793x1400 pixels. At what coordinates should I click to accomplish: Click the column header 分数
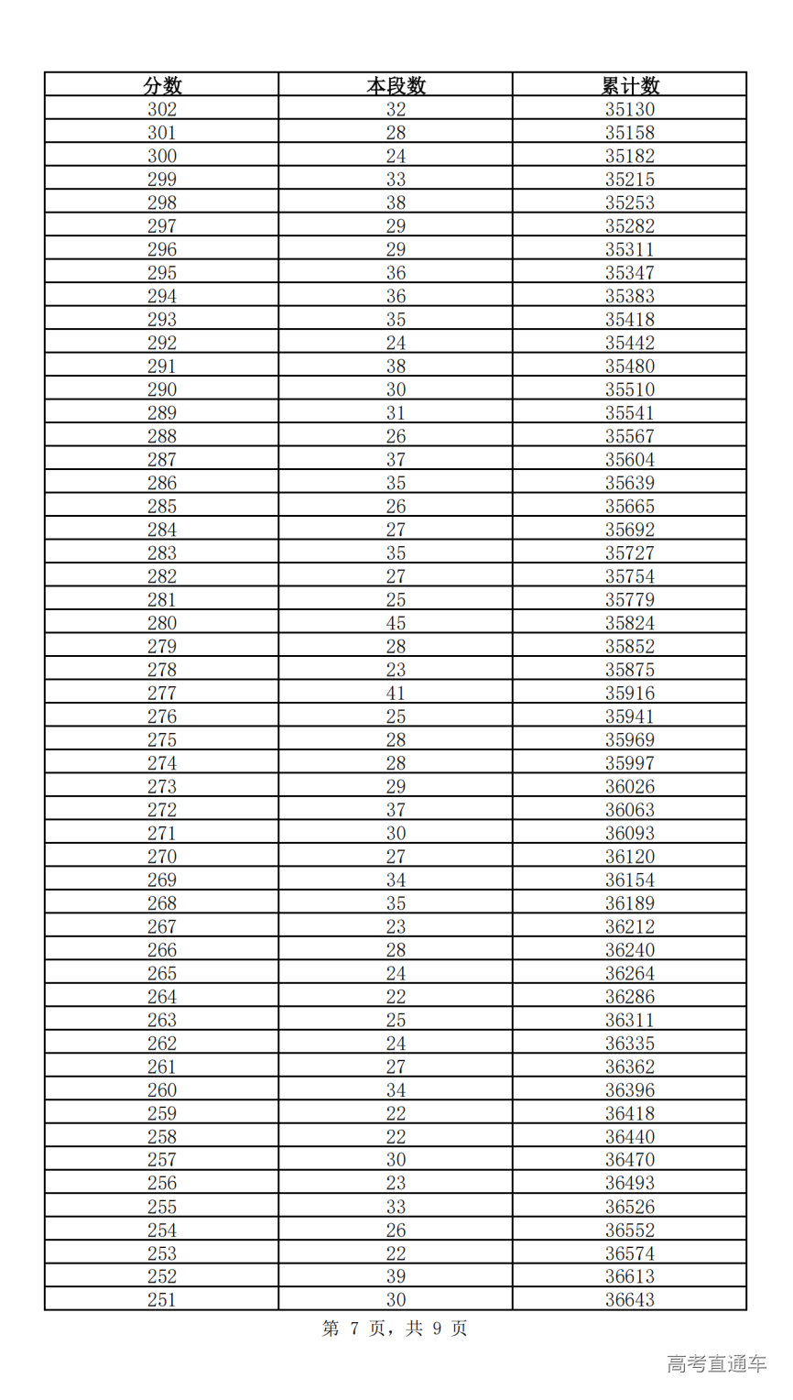pyautogui.click(x=162, y=86)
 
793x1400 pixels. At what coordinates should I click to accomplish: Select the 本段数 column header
pyautogui.click(x=396, y=86)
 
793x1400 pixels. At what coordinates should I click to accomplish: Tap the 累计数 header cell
pyautogui.click(x=630, y=86)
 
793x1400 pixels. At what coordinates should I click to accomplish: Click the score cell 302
pyautogui.click(x=162, y=109)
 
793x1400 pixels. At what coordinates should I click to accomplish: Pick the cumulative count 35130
pyautogui.click(x=630, y=109)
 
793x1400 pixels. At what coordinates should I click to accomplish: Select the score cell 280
pyautogui.click(x=162, y=623)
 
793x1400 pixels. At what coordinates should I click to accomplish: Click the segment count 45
pyautogui.click(x=396, y=623)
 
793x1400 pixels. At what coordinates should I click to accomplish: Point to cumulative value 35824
pyautogui.click(x=630, y=623)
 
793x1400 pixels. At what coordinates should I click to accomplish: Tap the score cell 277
pyautogui.click(x=162, y=694)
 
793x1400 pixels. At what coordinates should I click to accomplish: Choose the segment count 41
pyautogui.click(x=396, y=694)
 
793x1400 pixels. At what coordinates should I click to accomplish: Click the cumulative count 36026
pyautogui.click(x=630, y=786)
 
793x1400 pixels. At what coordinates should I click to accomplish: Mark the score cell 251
pyautogui.click(x=162, y=1299)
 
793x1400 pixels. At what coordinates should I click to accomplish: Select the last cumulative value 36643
pyautogui.click(x=630, y=1299)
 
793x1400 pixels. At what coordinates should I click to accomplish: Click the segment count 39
pyautogui.click(x=396, y=1276)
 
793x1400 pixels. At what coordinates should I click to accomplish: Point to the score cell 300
pyautogui.click(x=162, y=156)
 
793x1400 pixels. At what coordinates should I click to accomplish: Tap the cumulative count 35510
pyautogui.click(x=630, y=389)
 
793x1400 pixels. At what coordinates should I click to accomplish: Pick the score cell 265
pyautogui.click(x=162, y=973)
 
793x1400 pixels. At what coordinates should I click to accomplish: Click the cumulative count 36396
pyautogui.click(x=630, y=1090)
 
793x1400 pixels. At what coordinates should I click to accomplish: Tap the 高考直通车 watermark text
pyautogui.click(x=716, y=1363)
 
